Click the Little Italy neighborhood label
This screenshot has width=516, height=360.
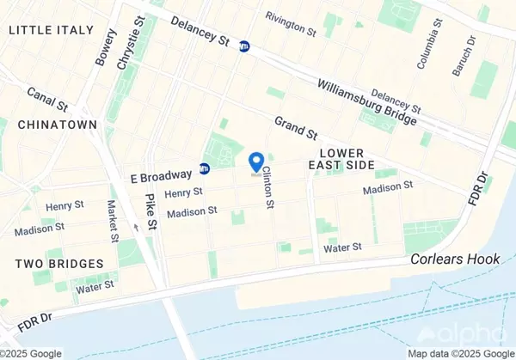click(51, 30)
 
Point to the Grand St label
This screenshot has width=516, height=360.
click(297, 130)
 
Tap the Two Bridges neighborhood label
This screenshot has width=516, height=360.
click(58, 263)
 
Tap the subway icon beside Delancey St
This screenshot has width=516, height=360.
click(245, 47)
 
